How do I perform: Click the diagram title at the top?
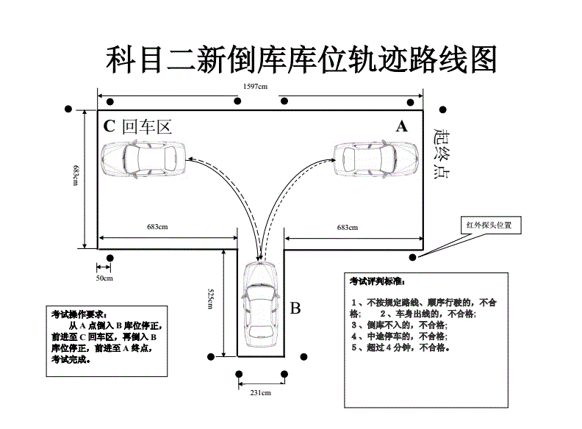tap(301, 60)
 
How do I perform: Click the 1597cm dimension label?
tap(255, 86)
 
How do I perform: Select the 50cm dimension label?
tap(104, 278)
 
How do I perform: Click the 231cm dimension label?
tap(261, 393)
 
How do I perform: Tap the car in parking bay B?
tap(261, 303)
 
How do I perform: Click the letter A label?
tap(401, 126)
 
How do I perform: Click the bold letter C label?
tap(109, 126)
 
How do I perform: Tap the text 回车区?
tap(147, 126)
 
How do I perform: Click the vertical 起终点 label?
tap(442, 154)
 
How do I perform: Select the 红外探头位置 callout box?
tap(489, 225)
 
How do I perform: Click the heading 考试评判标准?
tap(377, 281)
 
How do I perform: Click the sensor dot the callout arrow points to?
tap(412, 257)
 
